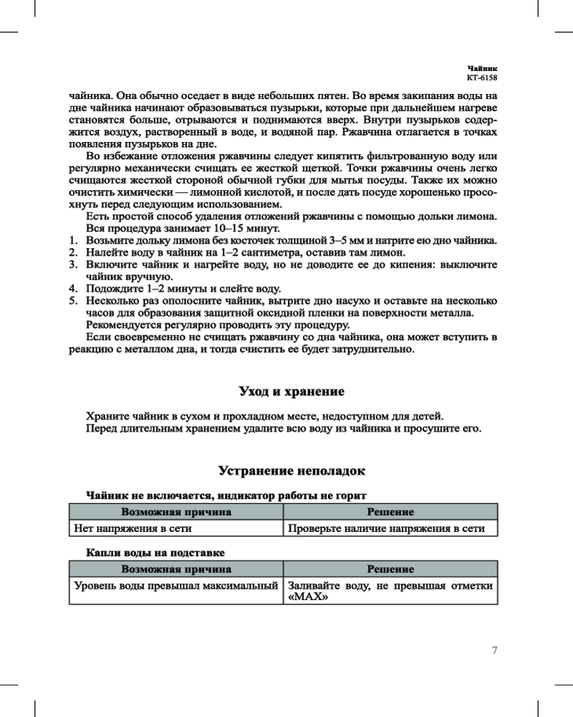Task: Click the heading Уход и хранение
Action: (292, 391)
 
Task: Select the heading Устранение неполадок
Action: (292, 471)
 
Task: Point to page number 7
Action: (494, 650)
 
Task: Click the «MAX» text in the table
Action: (303, 599)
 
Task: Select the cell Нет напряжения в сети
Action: (133, 528)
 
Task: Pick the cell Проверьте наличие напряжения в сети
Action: (386, 528)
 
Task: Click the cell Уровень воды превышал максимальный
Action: (176, 586)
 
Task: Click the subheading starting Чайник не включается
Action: (226, 495)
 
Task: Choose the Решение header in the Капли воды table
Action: (390, 569)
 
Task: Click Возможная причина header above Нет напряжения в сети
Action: (176, 512)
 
